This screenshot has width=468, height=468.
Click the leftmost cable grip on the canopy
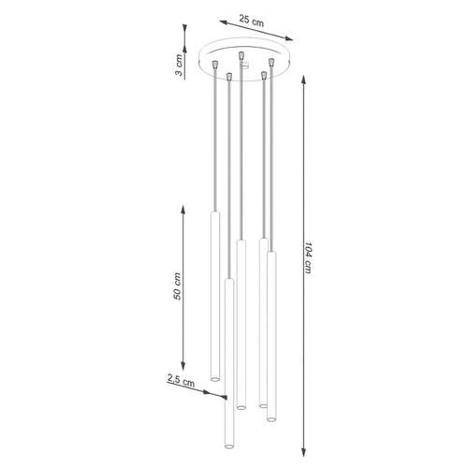214,65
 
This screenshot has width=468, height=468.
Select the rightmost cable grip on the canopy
271,64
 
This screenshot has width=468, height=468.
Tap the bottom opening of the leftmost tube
214,379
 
